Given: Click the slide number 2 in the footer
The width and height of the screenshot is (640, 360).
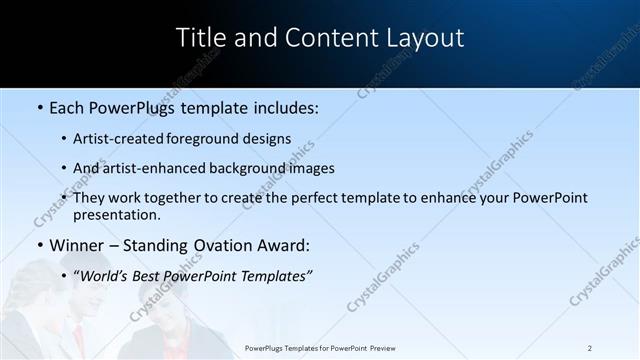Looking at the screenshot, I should [590, 348].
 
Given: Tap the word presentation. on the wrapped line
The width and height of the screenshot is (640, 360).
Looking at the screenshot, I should [117, 214].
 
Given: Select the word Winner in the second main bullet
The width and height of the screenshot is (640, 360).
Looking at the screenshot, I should [77, 245].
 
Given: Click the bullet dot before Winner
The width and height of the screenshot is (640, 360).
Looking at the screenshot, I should [40, 245].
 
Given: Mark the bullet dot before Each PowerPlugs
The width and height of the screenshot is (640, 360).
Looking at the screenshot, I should [40, 107].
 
